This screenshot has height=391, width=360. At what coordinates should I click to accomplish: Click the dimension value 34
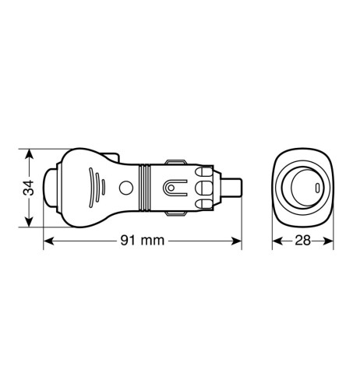tap(29, 188)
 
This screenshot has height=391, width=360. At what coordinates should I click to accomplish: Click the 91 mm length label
tap(143, 241)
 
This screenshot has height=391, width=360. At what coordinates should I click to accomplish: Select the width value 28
tap(302, 241)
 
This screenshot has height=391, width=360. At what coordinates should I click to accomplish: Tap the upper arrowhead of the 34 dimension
tap(29, 154)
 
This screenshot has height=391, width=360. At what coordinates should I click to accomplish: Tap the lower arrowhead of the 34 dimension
tap(29, 221)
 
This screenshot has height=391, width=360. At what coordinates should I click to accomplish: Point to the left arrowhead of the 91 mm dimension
tap(48, 241)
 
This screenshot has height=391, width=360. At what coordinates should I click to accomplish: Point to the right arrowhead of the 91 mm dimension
tap(236, 241)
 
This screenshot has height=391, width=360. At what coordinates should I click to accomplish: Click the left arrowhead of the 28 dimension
tap(277, 241)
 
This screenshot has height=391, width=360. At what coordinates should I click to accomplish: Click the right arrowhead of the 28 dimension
tap(328, 241)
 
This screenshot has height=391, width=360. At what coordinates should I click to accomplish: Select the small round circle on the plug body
tap(126, 188)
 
